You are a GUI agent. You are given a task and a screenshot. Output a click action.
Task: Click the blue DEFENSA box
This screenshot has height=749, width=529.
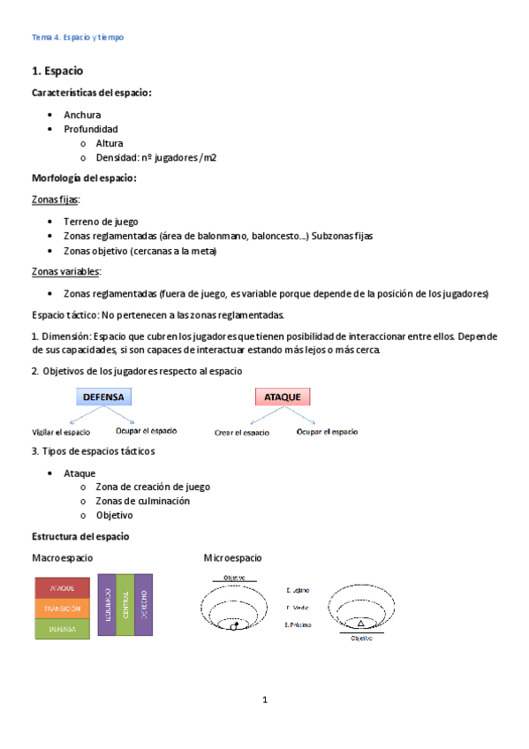click(103, 397)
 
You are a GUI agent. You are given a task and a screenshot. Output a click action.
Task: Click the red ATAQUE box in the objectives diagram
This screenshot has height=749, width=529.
click(283, 397)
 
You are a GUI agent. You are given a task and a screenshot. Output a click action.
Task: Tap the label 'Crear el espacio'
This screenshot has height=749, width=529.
click(242, 433)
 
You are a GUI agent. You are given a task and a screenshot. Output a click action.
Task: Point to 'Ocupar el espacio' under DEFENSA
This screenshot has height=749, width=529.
click(146, 431)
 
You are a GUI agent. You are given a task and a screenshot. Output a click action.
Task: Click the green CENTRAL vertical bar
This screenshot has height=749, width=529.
click(125, 605)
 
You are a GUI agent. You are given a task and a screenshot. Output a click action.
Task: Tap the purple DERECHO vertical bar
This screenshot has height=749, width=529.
click(144, 605)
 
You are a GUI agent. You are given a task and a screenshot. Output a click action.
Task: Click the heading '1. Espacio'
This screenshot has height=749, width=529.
click(57, 70)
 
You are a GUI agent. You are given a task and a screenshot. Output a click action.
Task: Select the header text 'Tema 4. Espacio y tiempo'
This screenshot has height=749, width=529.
click(78, 37)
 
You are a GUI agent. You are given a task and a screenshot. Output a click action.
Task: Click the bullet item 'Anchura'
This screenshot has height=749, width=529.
click(82, 115)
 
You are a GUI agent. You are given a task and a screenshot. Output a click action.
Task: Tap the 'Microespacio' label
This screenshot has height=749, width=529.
click(232, 558)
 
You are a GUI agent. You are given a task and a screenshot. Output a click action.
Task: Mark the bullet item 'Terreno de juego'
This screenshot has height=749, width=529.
click(101, 222)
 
